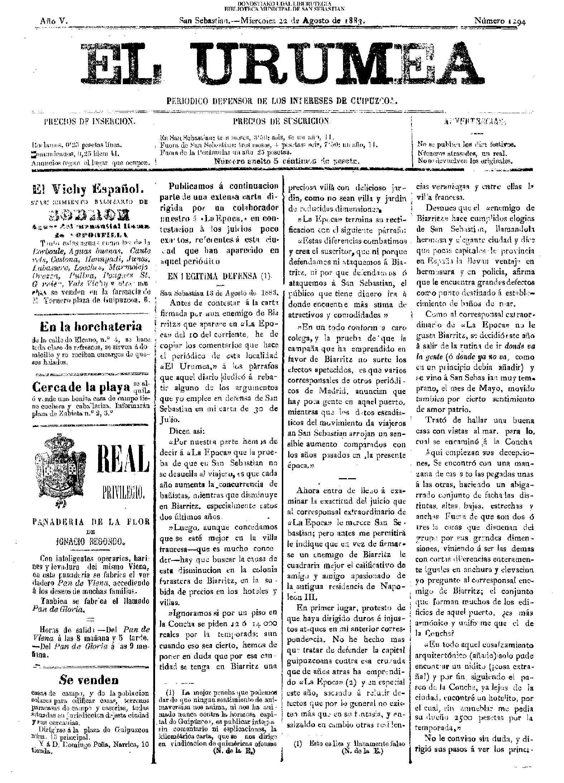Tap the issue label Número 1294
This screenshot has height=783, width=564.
click(500, 21)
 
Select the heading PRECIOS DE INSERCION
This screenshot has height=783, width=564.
click(90, 121)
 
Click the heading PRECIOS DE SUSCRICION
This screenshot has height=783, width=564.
click(281, 121)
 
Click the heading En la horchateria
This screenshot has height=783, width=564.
click(91, 326)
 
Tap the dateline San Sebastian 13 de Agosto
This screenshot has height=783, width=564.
click(218, 293)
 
